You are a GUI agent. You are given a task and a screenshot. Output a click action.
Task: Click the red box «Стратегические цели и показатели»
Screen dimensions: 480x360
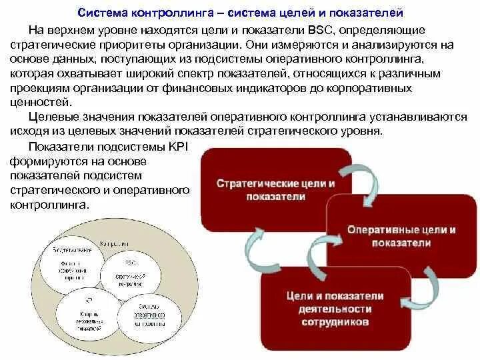click(x=276, y=188)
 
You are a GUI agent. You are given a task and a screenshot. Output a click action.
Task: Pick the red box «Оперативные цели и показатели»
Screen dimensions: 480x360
click(x=401, y=235)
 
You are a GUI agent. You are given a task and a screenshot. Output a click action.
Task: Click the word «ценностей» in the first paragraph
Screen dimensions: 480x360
click(x=37, y=103)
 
